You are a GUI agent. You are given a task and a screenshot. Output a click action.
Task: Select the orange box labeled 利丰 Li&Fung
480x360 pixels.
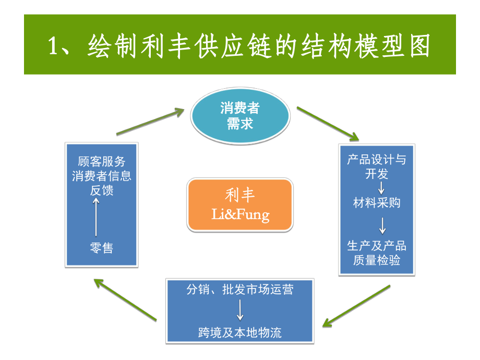(239, 205)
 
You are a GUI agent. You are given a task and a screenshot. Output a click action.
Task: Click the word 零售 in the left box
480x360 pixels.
(101, 247)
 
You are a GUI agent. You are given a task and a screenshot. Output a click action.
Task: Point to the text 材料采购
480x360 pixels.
(377, 202)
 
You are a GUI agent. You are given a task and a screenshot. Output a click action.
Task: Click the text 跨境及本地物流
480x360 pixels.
(240, 332)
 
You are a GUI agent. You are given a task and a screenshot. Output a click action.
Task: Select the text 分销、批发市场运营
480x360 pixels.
(240, 290)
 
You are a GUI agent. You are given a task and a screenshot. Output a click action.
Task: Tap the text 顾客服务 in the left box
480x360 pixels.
(101, 162)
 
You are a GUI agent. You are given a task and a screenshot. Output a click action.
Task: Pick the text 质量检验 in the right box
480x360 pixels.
(377, 260)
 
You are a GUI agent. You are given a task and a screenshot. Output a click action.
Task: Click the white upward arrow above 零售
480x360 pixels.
(97, 218)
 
